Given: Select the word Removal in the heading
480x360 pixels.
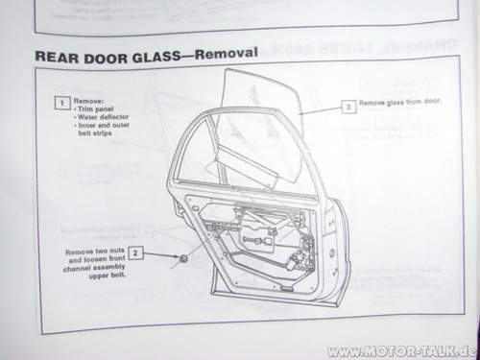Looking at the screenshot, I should (227, 53).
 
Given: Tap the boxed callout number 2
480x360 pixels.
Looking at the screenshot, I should (136, 252).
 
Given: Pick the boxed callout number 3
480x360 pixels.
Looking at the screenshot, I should (348, 107).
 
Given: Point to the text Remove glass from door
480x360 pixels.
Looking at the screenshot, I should (399, 103).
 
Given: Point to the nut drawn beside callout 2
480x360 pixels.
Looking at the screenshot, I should (181, 262).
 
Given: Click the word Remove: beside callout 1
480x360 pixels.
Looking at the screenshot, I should (87, 100).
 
